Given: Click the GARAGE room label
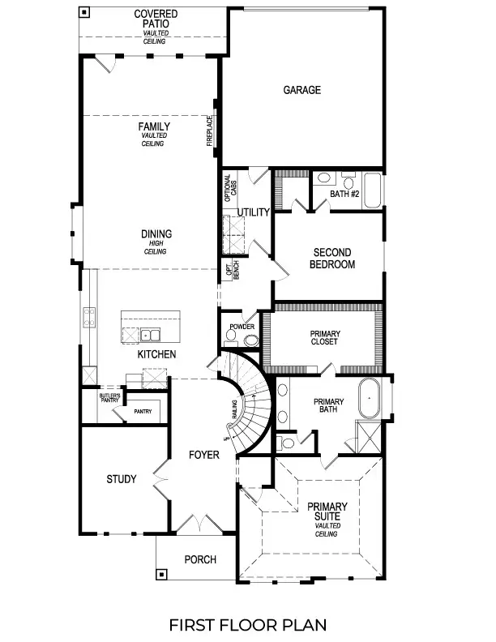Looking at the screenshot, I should click(x=301, y=90).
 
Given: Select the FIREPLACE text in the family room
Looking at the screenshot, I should click(x=209, y=132).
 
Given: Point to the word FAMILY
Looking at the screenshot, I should click(x=153, y=126).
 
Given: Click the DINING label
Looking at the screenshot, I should click(x=156, y=234).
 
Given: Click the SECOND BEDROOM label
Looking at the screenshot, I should click(x=333, y=258).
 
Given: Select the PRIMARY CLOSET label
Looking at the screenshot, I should click(x=325, y=337).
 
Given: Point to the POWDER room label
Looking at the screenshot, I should click(x=242, y=327).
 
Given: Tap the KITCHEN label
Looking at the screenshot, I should click(x=156, y=355).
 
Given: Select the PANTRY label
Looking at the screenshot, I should click(x=143, y=411).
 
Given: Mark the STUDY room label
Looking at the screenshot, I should click(x=122, y=479).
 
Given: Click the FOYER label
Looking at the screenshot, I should click(x=203, y=456).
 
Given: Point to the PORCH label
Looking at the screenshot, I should click(x=199, y=559).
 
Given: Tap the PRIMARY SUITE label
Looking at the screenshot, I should click(x=328, y=512).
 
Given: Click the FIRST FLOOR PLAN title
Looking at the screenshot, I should click(x=248, y=624).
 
